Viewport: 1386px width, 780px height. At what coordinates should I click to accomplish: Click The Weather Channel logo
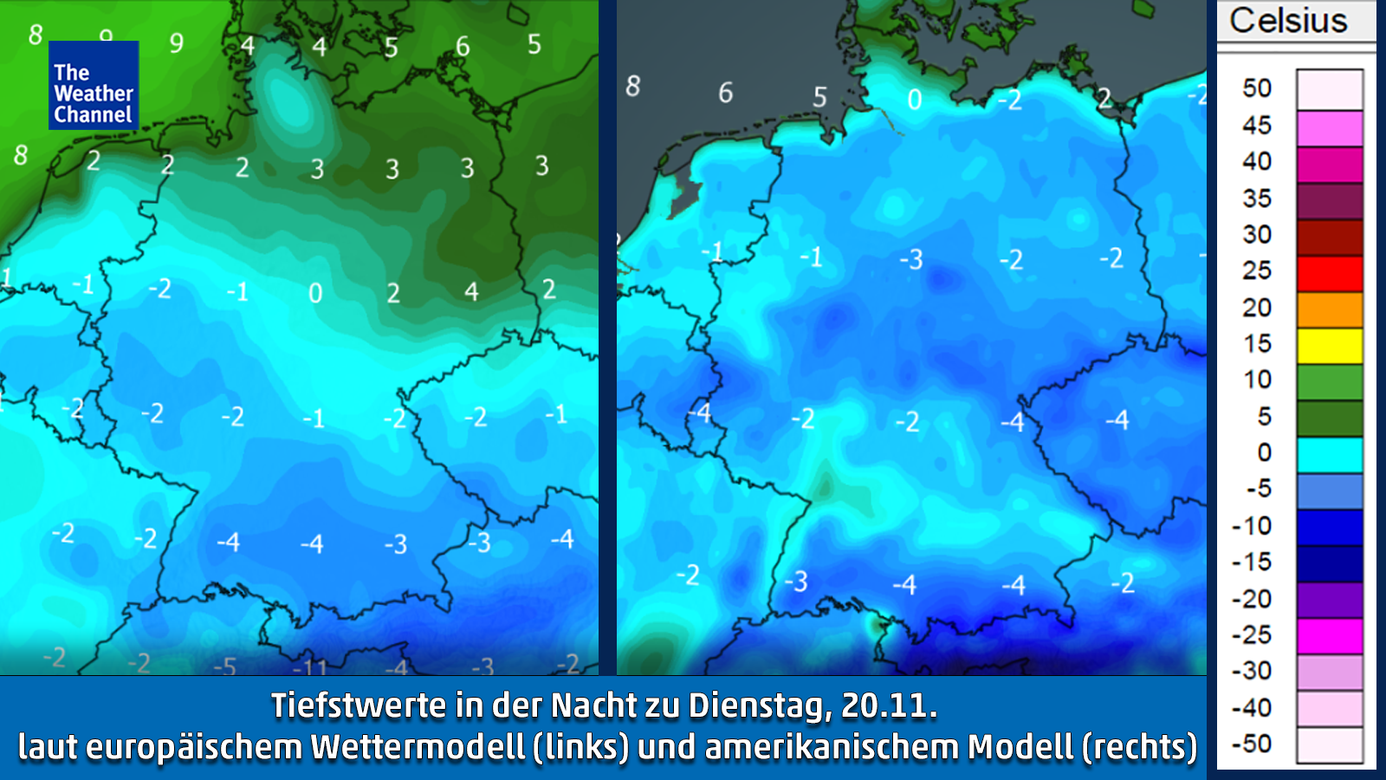point(94,85)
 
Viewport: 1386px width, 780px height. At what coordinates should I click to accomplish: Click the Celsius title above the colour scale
point(1288,21)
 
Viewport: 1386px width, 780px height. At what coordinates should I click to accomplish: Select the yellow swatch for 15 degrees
point(1330,346)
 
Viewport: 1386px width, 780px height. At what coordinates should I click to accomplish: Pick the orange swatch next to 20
point(1330,309)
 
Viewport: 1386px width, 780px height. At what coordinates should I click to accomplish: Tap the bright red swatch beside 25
point(1330,273)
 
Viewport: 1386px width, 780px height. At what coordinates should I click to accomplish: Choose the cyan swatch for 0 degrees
point(1330,454)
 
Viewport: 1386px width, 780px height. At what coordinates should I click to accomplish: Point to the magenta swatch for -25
point(1330,635)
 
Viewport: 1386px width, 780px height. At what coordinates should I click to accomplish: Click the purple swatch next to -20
point(1330,599)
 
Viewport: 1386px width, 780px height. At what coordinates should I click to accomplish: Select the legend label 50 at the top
point(1257,88)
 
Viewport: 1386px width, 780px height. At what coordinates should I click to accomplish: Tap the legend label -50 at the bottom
point(1252,744)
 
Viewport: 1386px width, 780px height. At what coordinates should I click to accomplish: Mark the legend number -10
point(1252,526)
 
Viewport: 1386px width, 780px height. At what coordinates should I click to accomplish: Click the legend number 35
point(1257,198)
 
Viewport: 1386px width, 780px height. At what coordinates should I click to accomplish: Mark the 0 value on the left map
point(315,294)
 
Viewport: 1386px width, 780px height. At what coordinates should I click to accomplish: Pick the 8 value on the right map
point(633,87)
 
